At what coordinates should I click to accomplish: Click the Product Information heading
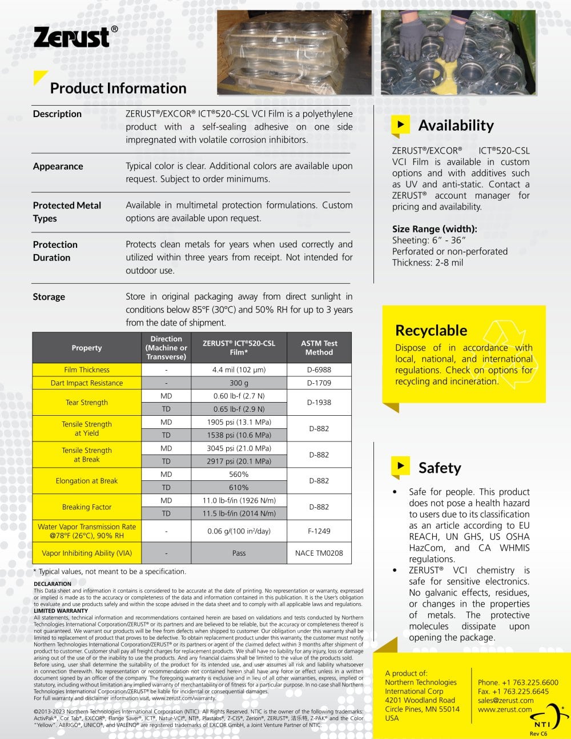point(118,88)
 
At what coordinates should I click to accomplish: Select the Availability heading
point(456,125)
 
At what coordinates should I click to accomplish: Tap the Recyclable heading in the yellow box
point(431,330)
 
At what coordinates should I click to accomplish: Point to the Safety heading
point(439,468)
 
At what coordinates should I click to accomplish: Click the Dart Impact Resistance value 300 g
point(239,383)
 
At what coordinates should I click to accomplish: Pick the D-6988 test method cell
point(319,370)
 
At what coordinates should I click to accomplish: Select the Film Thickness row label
point(87,370)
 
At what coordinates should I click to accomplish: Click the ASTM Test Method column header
point(319,347)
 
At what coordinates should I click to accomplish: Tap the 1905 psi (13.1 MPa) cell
point(239,422)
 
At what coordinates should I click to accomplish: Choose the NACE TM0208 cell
point(319,553)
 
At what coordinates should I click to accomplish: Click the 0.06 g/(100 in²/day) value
point(239,531)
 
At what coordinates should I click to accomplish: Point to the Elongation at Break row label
point(87,481)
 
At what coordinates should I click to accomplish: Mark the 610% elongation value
point(239,487)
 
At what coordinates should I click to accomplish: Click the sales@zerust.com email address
point(505,700)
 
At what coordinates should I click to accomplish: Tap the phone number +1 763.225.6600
point(518,682)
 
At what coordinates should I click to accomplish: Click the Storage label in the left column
point(49,296)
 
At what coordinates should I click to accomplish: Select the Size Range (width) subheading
point(435,229)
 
